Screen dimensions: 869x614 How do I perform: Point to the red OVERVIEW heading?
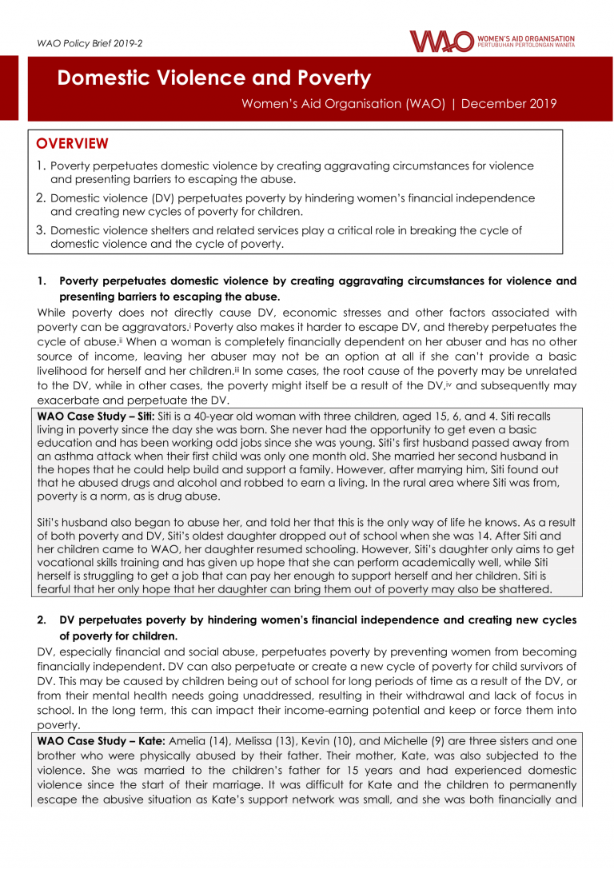pyautogui.click(x=72, y=144)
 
